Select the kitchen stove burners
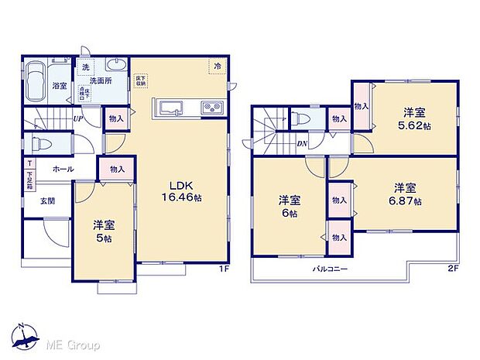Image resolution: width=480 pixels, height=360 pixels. pyautogui.click(x=211, y=108)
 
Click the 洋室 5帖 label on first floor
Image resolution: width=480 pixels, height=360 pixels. pyautogui.click(x=104, y=231)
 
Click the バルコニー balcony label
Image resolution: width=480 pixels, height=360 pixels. pyautogui.click(x=330, y=269)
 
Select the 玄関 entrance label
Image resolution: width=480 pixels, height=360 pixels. pyautogui.click(x=37, y=201)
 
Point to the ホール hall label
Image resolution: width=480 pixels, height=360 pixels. pyautogui.click(x=63, y=168)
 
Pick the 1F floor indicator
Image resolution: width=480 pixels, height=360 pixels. pyautogui.click(x=223, y=269)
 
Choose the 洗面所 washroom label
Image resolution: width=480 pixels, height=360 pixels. pyautogui.click(x=101, y=80)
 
